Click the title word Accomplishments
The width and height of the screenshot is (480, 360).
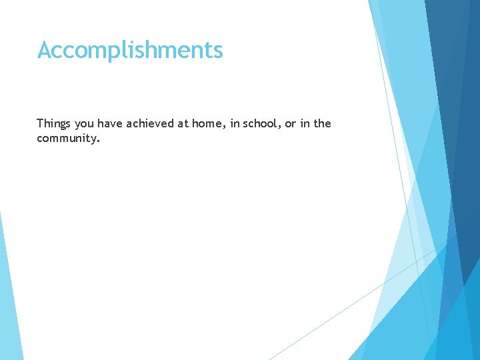[x=130, y=50]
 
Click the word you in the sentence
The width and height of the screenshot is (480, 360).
[x=85, y=124]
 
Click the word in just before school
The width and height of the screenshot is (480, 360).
[x=234, y=123]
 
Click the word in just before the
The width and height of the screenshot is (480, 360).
[x=303, y=123]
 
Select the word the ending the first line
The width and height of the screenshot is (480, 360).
[x=321, y=123]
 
